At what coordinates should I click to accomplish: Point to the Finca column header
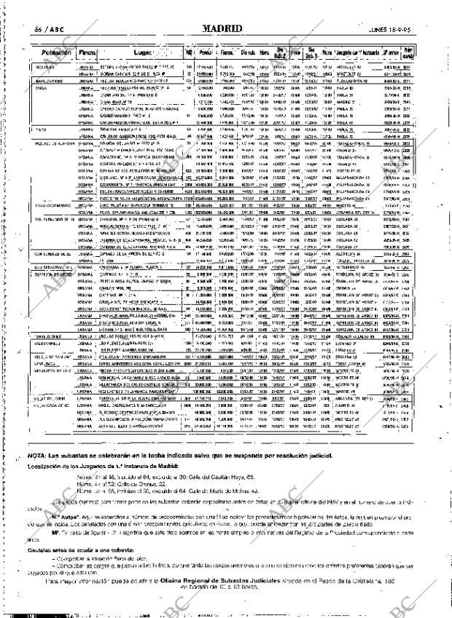(x=87, y=54)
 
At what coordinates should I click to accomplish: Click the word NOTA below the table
(x=37, y=455)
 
